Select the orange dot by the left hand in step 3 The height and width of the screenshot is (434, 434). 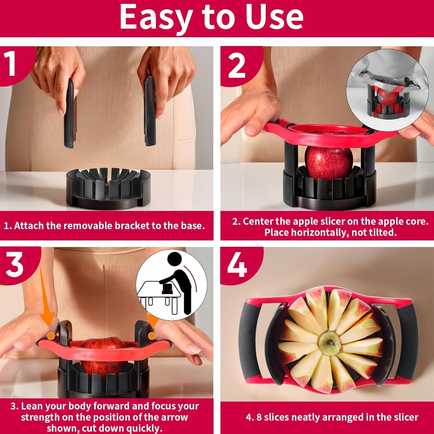(x=51, y=335)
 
